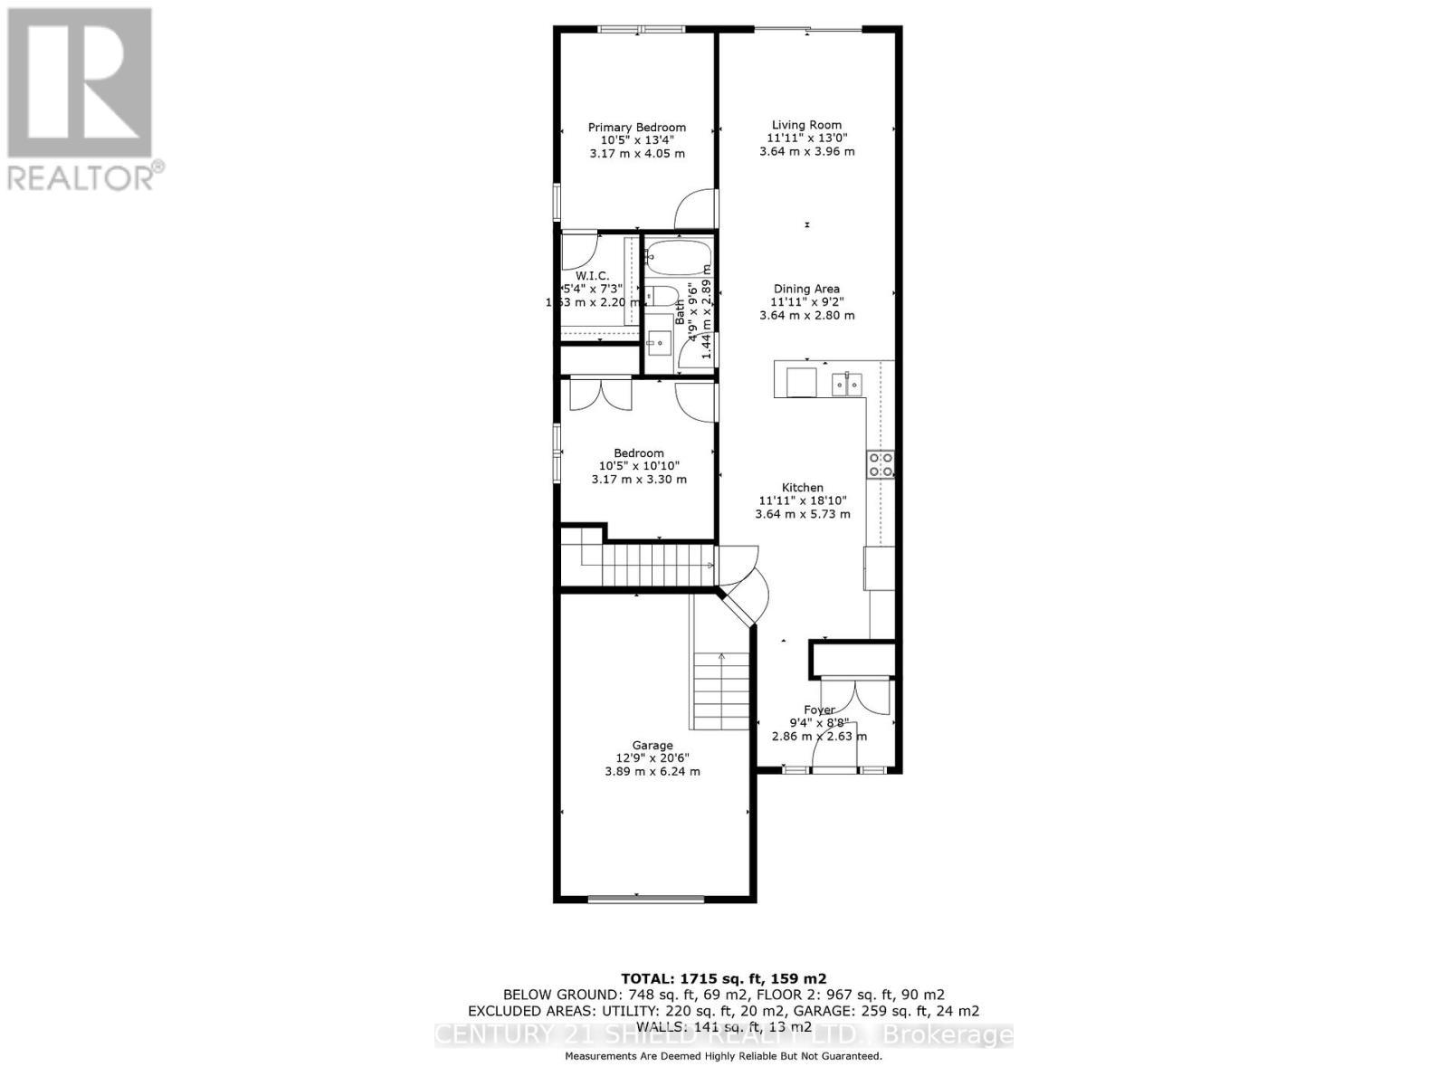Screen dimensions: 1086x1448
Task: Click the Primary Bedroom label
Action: click(637, 128)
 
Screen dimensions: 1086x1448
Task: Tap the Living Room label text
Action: click(806, 125)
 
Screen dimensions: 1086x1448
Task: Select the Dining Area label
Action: click(806, 289)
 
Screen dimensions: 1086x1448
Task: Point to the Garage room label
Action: click(652, 746)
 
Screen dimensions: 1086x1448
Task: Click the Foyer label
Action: click(819, 710)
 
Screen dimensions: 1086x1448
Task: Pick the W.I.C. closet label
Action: click(593, 275)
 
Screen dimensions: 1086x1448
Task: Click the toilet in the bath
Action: click(662, 298)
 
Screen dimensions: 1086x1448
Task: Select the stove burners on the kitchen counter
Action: click(881, 465)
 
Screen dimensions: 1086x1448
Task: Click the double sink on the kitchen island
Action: click(848, 384)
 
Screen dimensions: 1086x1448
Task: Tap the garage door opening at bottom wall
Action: click(645, 899)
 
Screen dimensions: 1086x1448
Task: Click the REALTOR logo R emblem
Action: click(79, 83)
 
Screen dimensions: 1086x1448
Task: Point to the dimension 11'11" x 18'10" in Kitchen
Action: click(803, 500)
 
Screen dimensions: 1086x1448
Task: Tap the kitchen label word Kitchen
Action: click(803, 487)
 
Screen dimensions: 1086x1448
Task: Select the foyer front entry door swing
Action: click(831, 748)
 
